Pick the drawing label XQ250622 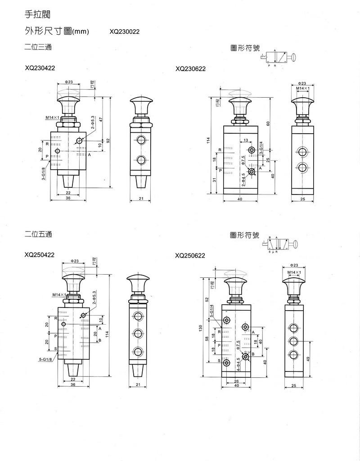190,255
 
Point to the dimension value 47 101,119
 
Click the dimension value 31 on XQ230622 215,180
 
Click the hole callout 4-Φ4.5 238,363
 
